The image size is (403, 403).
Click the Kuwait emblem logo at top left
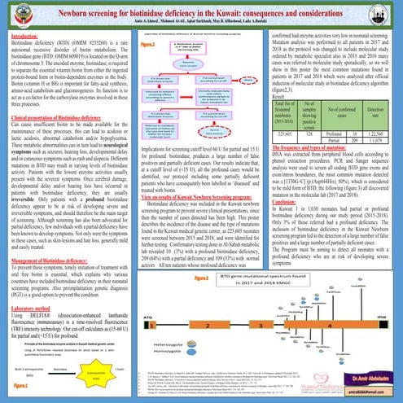12,12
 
